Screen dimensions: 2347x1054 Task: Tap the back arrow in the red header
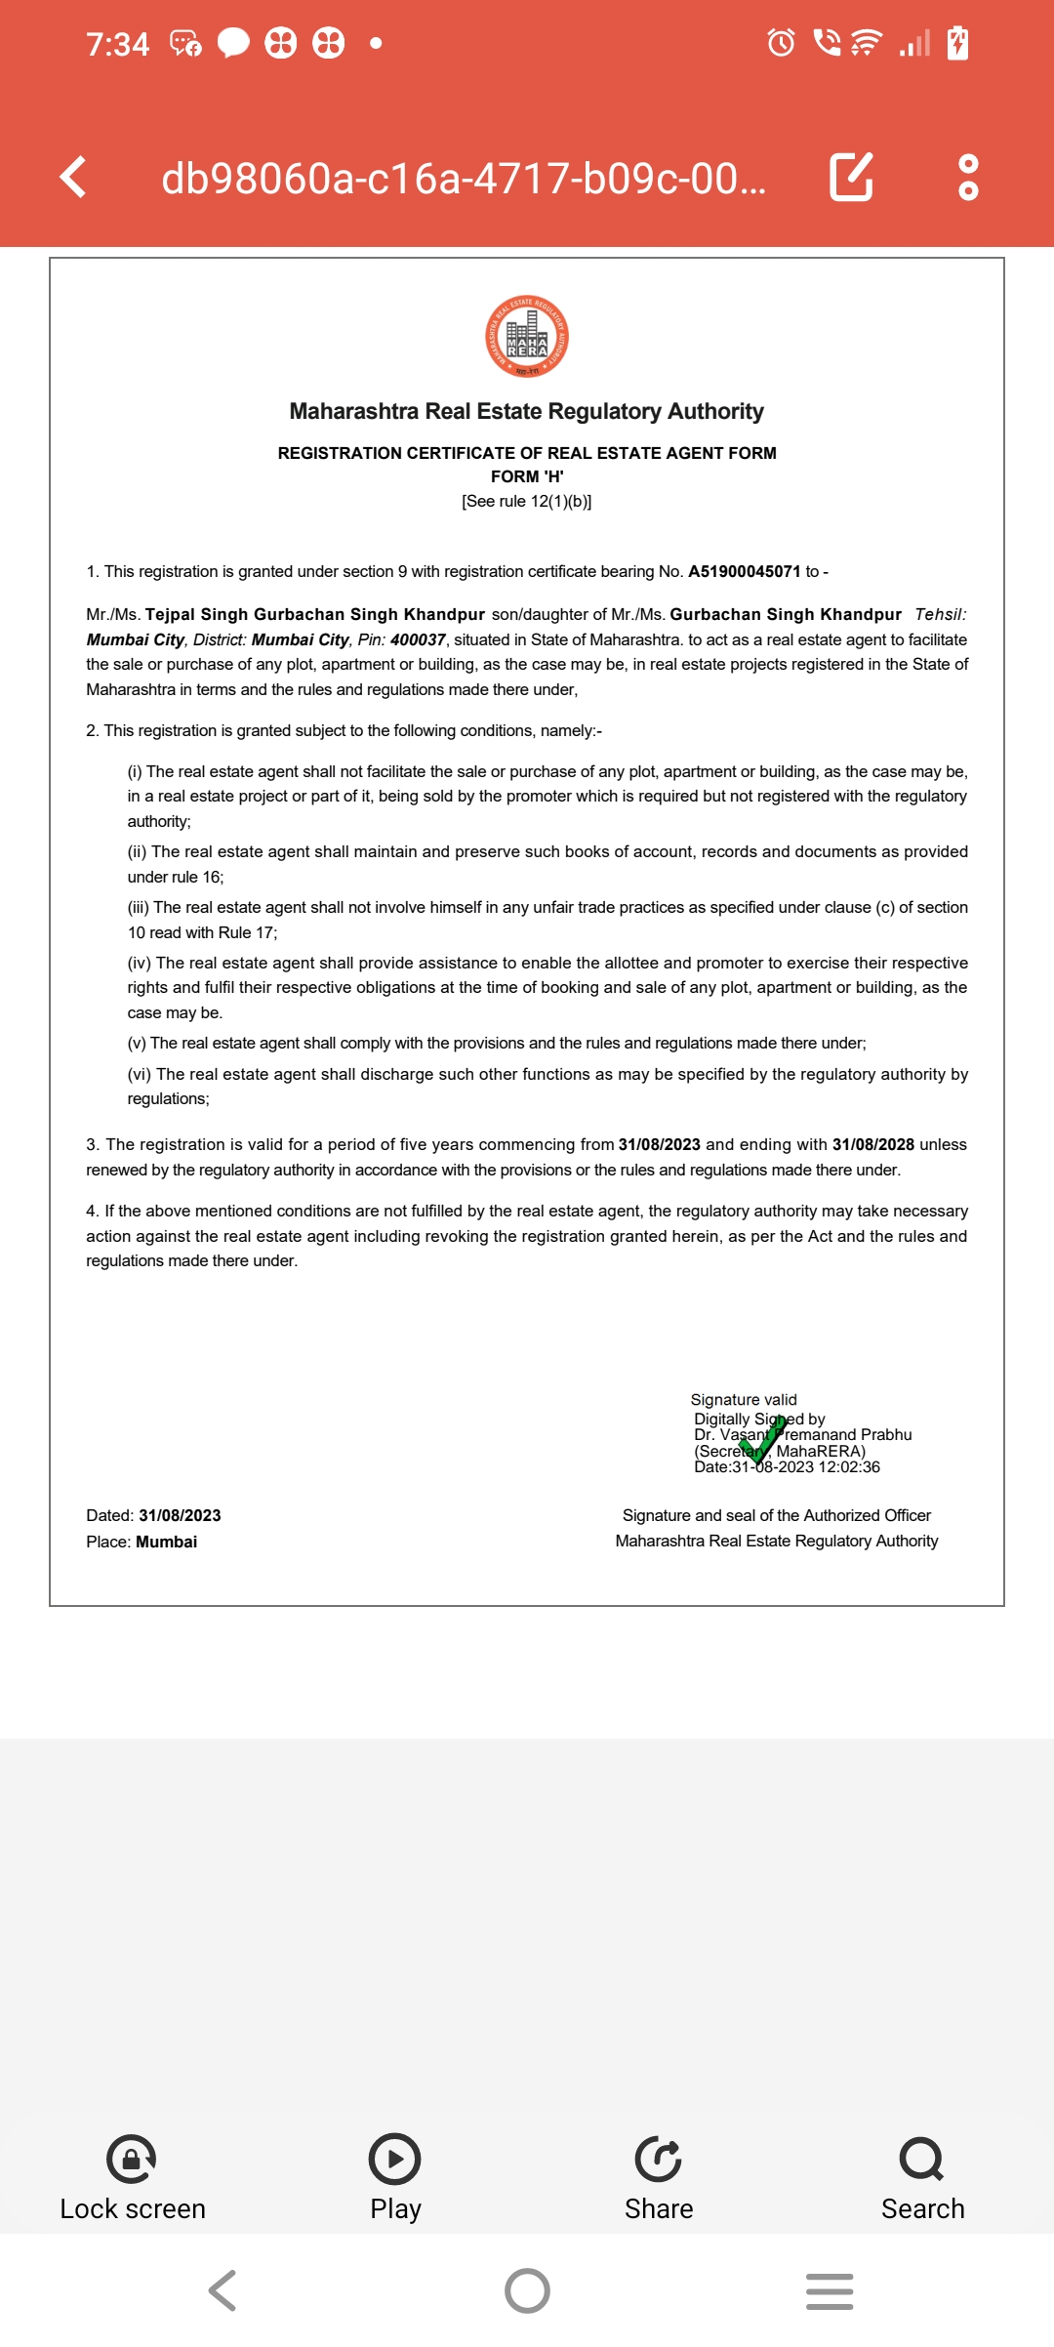[73, 177]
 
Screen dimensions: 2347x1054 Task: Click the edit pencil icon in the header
[851, 177]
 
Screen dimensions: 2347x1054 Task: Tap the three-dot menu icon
[968, 177]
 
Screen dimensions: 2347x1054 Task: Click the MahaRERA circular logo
[527, 337]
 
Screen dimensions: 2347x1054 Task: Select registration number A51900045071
[744, 572]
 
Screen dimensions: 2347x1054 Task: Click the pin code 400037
[418, 640]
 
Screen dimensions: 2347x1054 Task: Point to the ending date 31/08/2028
[872, 1145]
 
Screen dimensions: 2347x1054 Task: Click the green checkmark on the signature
[763, 1443]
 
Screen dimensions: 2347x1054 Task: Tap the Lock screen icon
[132, 2160]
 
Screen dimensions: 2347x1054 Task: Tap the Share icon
[659, 2160]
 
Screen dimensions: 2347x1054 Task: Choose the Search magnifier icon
[922, 2160]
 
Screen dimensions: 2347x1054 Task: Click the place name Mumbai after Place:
[167, 1543]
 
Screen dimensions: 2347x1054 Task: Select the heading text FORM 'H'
[527, 477]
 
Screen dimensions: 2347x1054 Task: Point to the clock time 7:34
[117, 44]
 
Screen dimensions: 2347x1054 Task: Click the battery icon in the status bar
[958, 43]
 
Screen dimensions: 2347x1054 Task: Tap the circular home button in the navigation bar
[527, 2290]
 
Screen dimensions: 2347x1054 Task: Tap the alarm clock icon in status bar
[781, 43]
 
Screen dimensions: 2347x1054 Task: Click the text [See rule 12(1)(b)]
[527, 502]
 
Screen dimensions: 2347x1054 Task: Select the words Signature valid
[744, 1400]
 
